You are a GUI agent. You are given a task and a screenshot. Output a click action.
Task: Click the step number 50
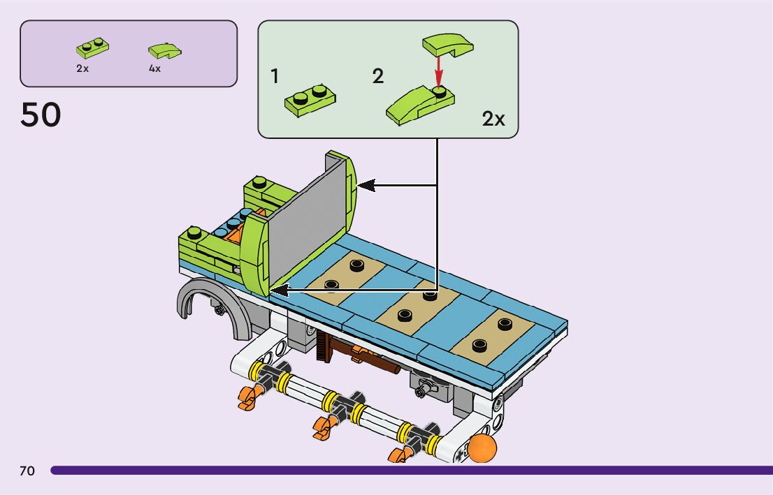pos(41,114)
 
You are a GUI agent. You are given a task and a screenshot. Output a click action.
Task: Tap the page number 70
pos(27,471)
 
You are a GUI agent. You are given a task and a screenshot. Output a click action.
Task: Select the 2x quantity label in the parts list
pos(82,68)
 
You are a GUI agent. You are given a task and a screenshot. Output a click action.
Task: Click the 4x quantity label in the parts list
pos(154,68)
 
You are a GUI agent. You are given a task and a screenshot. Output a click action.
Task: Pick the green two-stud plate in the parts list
pos(93,48)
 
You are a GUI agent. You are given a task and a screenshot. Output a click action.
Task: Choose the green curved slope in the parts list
pos(165,51)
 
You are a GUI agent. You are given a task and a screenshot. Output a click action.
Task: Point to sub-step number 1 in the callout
pos(275,76)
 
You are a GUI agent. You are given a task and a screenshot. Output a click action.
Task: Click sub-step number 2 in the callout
pos(377,76)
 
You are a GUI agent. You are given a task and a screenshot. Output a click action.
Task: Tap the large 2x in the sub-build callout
pos(493,119)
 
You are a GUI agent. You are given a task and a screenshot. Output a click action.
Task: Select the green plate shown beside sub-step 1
pos(310,101)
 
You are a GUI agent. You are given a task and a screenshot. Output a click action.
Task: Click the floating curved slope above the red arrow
pos(447,45)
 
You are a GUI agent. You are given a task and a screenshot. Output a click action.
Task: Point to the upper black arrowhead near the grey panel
pos(366,186)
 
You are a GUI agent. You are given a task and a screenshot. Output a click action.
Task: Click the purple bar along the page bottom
pos(412,471)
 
